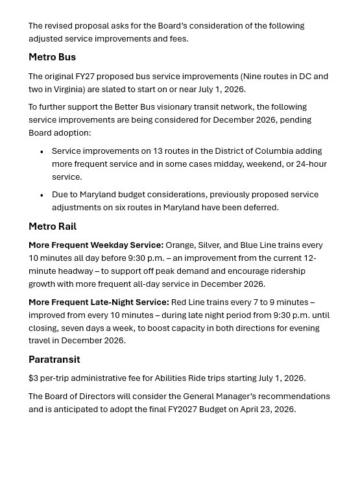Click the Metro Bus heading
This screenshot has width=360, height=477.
[52, 57]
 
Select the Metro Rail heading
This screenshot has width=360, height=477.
[53, 226]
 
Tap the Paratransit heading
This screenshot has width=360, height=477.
[54, 360]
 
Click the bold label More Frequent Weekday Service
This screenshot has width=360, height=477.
[96, 245]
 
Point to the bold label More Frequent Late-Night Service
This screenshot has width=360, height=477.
[99, 302]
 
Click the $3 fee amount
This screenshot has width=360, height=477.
[33, 378]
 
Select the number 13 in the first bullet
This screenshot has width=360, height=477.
[158, 151]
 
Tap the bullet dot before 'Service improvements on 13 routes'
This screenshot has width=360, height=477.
[42, 152]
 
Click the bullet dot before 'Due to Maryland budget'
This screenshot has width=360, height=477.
[42, 195]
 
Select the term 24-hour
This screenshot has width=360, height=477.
[307, 164]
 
